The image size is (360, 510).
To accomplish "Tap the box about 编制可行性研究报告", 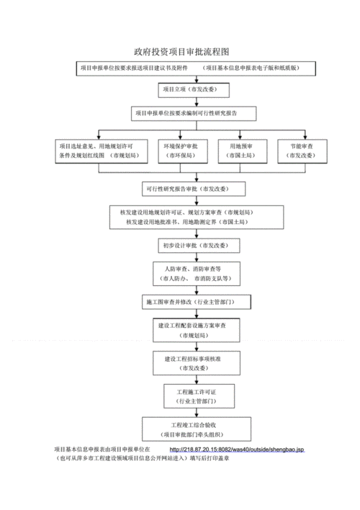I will click(x=193, y=114).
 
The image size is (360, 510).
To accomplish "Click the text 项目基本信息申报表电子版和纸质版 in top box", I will click(x=258, y=68).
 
